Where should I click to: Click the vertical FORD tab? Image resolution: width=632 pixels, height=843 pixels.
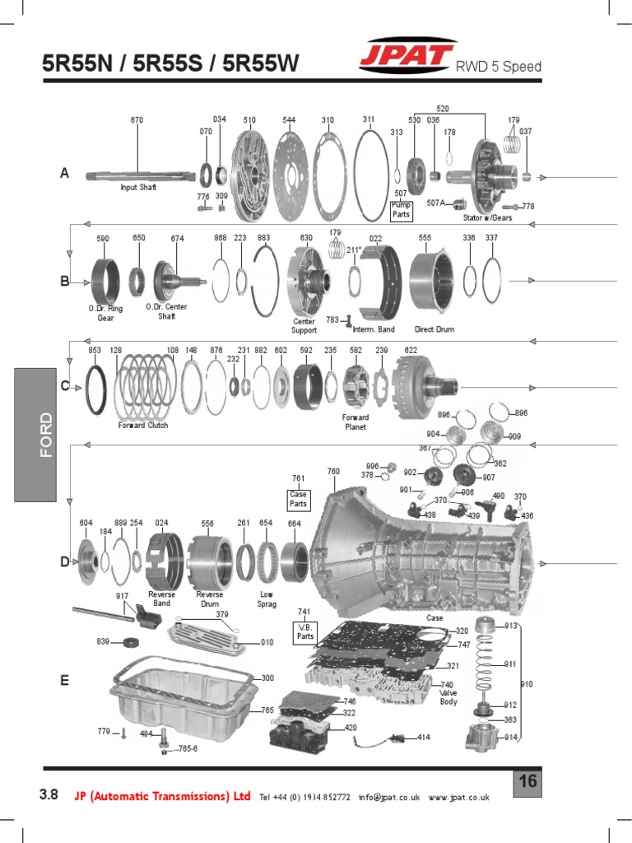point(35,435)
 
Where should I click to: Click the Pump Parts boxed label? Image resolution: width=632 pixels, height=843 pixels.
point(401,209)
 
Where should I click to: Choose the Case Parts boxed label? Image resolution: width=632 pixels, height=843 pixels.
point(299,499)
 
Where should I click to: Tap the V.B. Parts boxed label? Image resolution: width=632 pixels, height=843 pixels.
point(304,631)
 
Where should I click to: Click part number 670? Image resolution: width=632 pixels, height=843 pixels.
point(137,120)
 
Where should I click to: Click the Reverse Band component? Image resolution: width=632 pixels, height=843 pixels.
point(162,561)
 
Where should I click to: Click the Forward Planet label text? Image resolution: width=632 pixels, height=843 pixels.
point(355,422)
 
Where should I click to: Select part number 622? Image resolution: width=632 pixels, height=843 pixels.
point(411,350)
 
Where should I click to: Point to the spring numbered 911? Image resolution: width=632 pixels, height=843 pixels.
point(486,664)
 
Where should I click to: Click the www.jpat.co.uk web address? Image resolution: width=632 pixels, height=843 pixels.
point(459,797)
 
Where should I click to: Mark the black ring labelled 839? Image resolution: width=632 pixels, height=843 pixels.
point(129,642)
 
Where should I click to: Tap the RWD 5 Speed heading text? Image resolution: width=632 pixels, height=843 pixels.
point(499,67)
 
